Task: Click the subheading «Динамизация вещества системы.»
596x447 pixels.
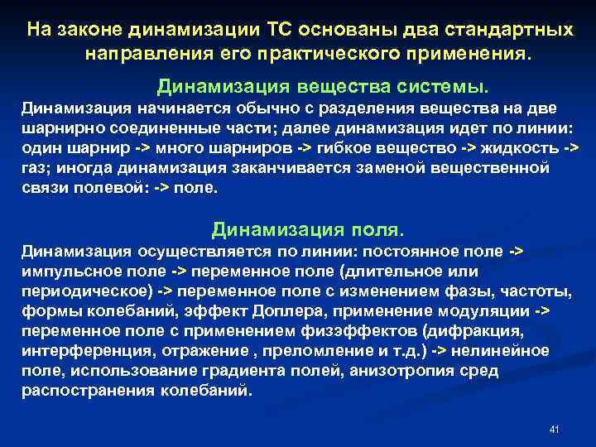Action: click(x=324, y=86)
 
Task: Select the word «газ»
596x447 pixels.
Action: click(x=36, y=167)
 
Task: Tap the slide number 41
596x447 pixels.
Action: click(x=555, y=430)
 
